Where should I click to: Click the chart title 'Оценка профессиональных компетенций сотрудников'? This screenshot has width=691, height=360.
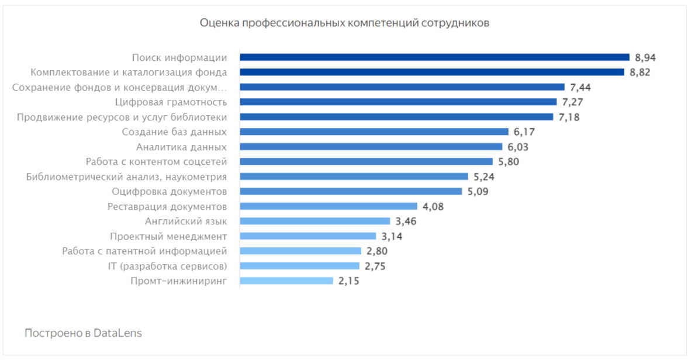pos(344,23)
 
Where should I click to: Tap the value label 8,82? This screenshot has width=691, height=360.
pos(640,72)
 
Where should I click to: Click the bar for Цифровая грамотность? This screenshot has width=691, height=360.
pos(398,102)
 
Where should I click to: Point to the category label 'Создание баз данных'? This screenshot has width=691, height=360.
pos(174,132)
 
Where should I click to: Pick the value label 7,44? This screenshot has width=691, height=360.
pos(581,87)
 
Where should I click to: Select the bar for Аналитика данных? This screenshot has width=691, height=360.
pos(371,147)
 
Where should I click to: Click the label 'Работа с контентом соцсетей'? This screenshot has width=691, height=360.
pos(156,162)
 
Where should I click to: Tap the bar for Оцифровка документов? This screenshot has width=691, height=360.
pos(351,191)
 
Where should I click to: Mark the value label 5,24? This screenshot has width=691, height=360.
pos(484,176)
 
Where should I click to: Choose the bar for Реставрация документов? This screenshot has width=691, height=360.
pos(329,206)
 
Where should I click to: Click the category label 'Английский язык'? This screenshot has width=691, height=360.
pos(186,221)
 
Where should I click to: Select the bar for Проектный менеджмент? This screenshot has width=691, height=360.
pos(308,236)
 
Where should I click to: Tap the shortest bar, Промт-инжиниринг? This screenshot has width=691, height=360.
pos(286,281)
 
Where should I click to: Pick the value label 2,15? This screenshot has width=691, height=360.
pos(348,281)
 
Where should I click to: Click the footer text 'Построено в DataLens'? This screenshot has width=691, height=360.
pos(83,333)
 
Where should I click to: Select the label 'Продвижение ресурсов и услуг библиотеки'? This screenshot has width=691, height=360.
pos(122,117)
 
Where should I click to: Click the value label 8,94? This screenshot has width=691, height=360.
pos(646,57)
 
